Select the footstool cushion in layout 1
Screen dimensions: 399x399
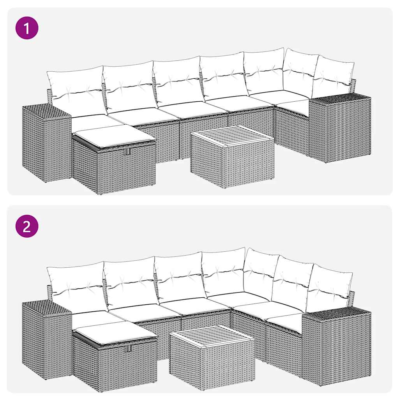click(x=114, y=136)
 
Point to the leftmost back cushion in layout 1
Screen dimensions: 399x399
click(x=76, y=92)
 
